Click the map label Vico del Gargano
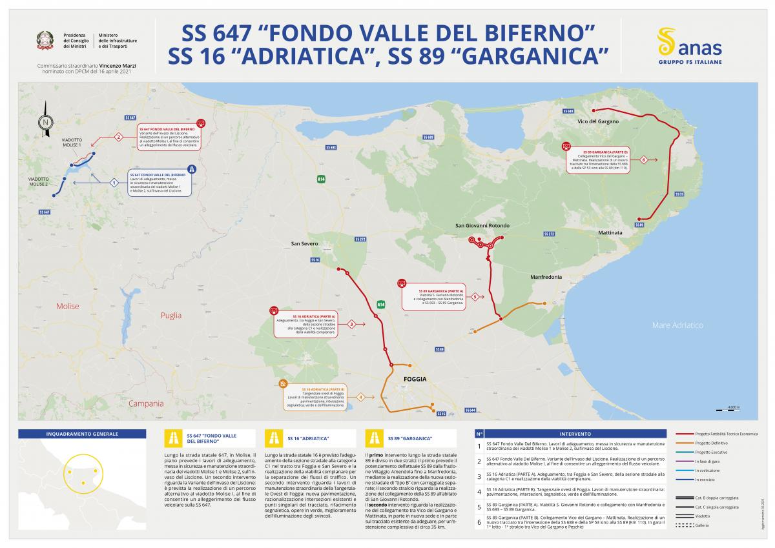pyautogui.click(x=597, y=121)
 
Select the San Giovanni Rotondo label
pyautogui.click(x=482, y=225)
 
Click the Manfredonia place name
pyautogui.click(x=546, y=277)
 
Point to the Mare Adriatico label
pyautogui.click(x=677, y=325)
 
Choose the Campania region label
pyautogui.click(x=146, y=403)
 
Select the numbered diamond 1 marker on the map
pyautogui.click(x=114, y=183)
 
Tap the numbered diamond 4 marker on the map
pyautogui.click(x=360, y=397)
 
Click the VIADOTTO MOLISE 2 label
pyautogui.click(x=38, y=181)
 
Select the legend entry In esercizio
pyautogui.click(x=705, y=480)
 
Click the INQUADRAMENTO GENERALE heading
pyautogui.click(x=82, y=434)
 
